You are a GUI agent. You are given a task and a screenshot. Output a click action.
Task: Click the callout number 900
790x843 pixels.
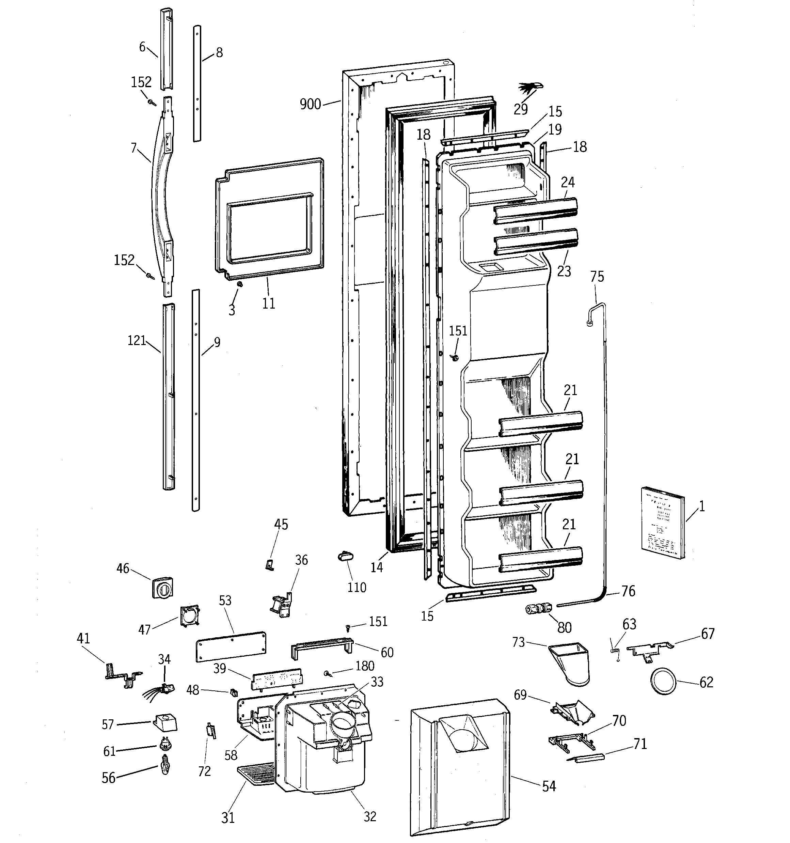pos(310,104)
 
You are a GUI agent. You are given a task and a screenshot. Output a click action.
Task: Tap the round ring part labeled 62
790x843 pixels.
pos(663,682)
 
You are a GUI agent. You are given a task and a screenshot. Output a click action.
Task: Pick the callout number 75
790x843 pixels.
pos(597,277)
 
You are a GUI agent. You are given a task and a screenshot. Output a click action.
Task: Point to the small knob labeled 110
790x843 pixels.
pos(346,556)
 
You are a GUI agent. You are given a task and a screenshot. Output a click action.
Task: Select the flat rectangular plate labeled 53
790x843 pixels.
pos(231,646)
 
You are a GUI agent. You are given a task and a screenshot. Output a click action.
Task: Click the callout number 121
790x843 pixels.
pos(137,341)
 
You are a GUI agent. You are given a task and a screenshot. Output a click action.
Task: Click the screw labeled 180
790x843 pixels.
pos(327,673)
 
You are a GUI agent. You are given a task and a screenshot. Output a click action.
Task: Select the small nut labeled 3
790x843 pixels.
pos(240,284)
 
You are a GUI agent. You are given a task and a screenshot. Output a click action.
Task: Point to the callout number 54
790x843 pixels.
pos(549,786)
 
